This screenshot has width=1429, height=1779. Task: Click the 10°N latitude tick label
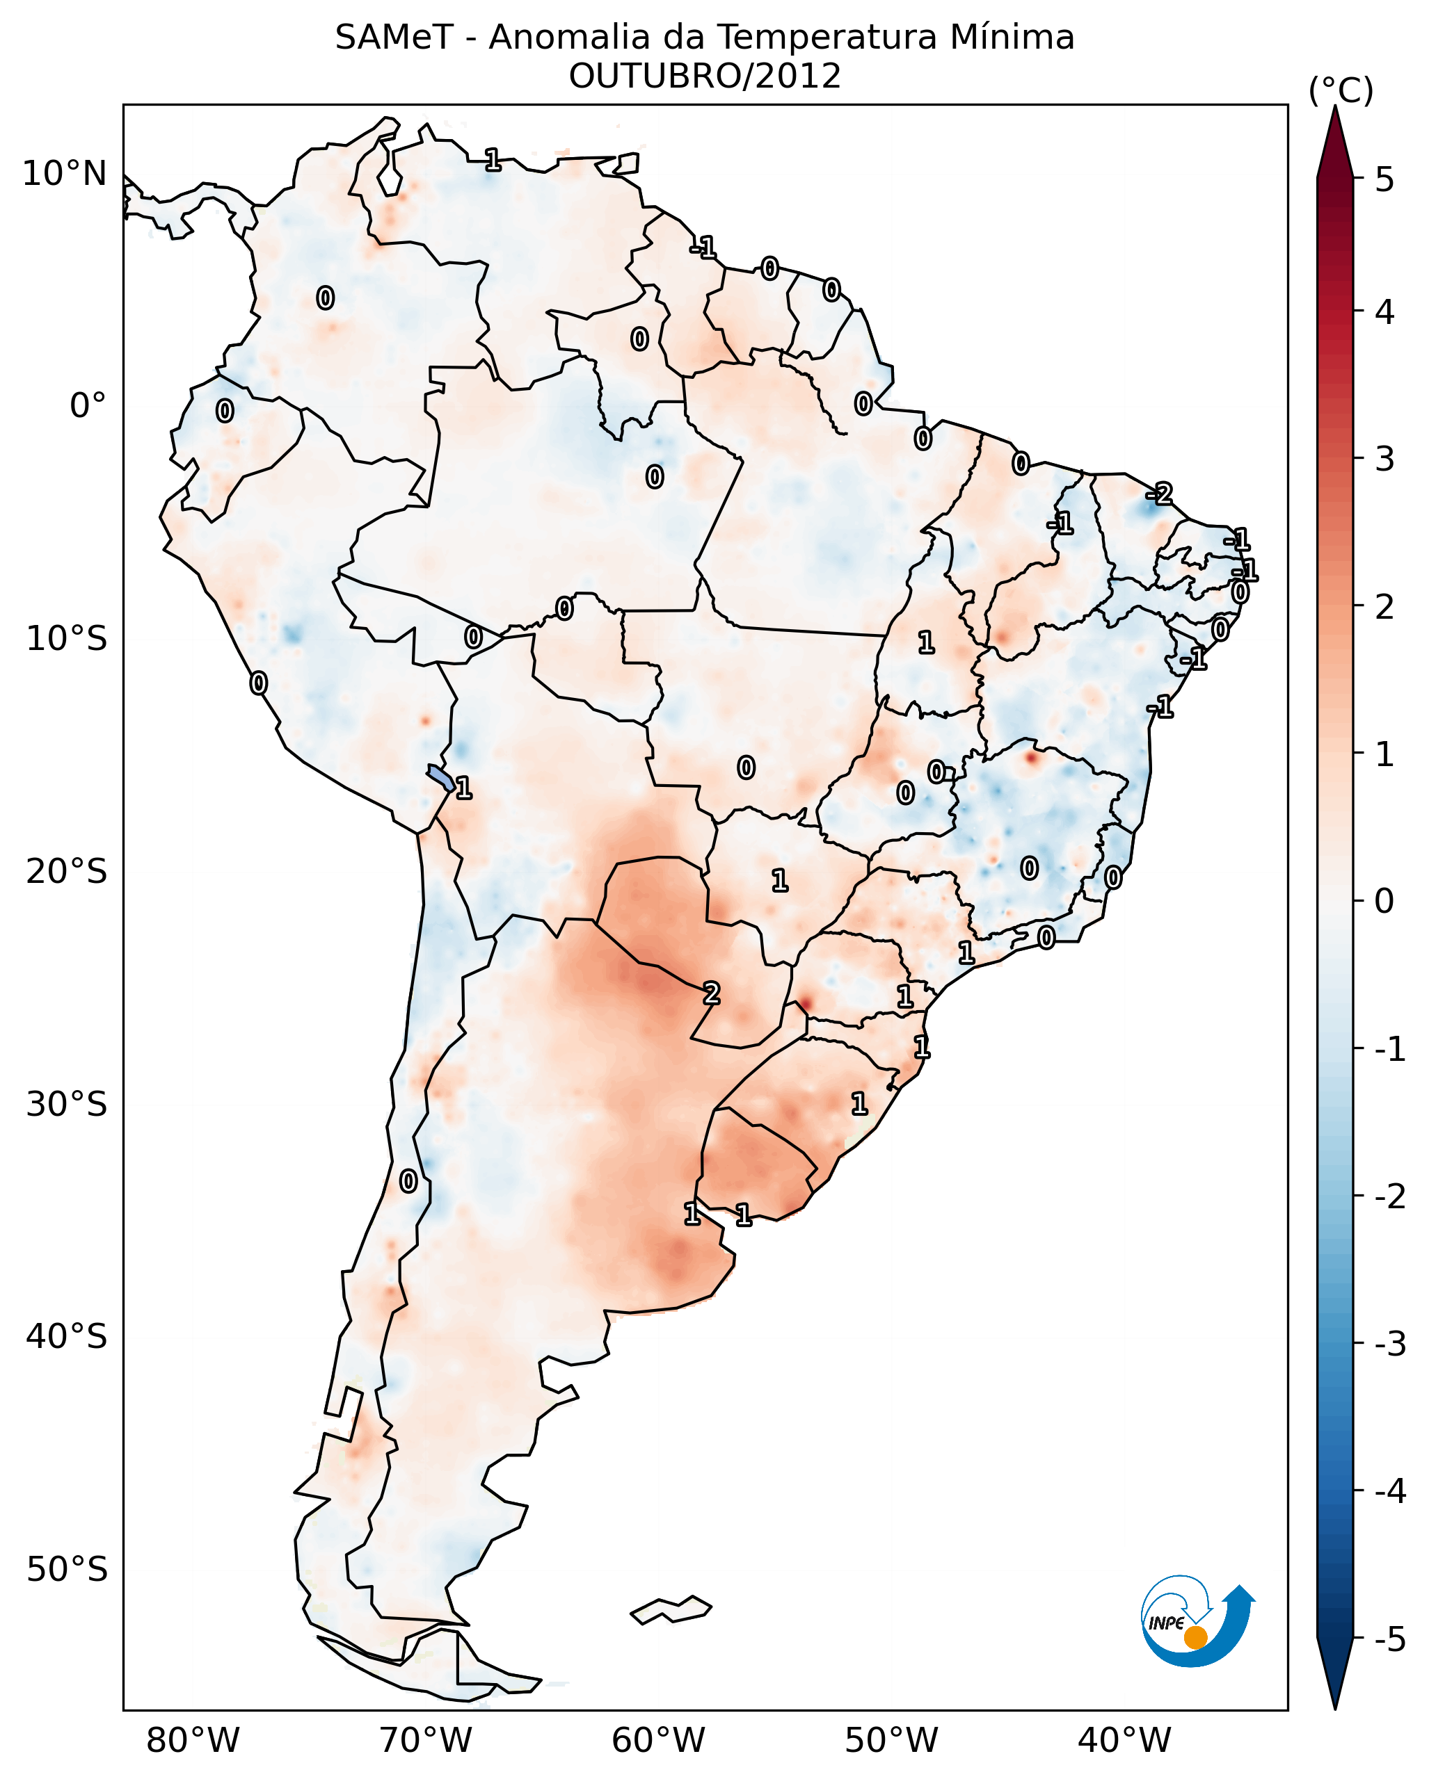coord(65,174)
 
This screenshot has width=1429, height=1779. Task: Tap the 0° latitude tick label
coord(88,406)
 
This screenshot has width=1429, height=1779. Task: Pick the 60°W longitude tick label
coord(658,1740)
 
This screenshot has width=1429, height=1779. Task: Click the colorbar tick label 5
coord(1384,179)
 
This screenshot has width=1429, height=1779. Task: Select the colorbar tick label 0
coord(1384,900)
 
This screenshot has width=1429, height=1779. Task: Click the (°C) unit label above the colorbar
coord(1341,91)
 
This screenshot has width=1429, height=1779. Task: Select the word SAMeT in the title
coord(393,38)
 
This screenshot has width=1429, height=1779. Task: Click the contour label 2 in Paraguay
coord(711,993)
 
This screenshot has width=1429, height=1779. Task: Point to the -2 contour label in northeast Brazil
coord(1160,494)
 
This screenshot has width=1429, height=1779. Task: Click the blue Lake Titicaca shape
coord(440,777)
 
